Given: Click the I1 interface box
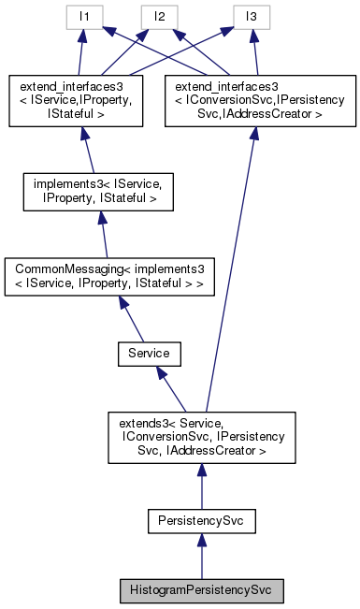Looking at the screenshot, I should [82, 16].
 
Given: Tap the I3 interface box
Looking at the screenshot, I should [252, 16].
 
